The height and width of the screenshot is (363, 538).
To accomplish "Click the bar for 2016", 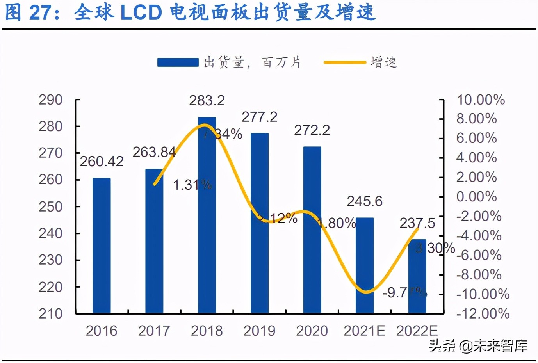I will click(102, 246).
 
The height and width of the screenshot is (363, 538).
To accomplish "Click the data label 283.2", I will click(207, 101).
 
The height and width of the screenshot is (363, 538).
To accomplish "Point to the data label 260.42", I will click(102, 161).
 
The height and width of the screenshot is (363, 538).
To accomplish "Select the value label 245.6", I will click(365, 201).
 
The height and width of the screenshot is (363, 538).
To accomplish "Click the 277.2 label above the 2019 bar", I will click(259, 117).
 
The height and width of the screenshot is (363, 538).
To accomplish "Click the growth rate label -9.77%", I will click(404, 292).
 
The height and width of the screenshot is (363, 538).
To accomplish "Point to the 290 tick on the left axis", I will click(50, 100).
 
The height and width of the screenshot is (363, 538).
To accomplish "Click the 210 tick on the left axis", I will click(50, 313).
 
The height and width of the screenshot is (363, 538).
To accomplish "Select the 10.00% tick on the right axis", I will click(481, 100).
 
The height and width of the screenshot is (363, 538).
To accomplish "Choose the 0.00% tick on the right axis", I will click(476, 196).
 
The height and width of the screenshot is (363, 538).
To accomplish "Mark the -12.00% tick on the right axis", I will click(483, 313).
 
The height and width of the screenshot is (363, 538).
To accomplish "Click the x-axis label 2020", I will click(312, 331).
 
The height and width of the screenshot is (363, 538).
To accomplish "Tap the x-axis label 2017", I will click(154, 331).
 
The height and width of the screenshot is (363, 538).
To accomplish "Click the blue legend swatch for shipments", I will click(178, 62).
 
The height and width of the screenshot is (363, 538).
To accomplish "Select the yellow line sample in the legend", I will click(345, 62).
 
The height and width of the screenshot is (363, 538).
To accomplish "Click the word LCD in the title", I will click(141, 12).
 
